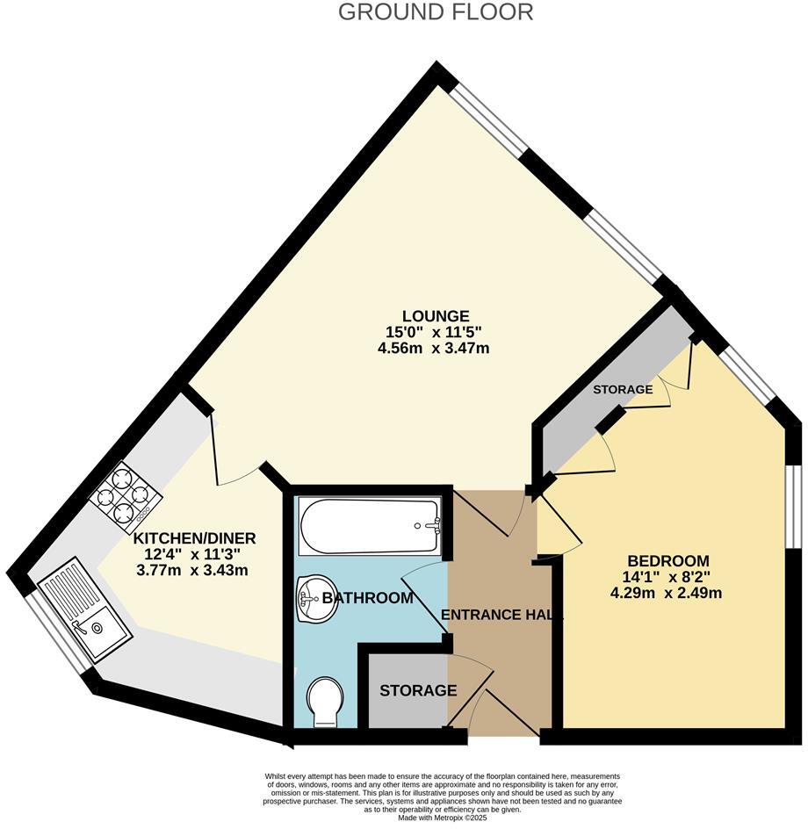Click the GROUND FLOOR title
(x=436, y=12)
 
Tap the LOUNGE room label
(x=436, y=316)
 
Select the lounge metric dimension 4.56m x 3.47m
(x=434, y=349)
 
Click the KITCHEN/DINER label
(x=194, y=537)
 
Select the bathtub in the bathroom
(x=369, y=527)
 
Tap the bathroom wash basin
(x=315, y=599)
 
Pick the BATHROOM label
(x=367, y=598)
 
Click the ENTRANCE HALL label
(x=501, y=615)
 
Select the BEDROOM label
(x=667, y=561)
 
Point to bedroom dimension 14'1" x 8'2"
(x=667, y=577)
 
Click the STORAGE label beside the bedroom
(x=623, y=389)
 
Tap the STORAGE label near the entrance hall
(x=418, y=691)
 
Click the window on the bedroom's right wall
(x=793, y=505)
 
